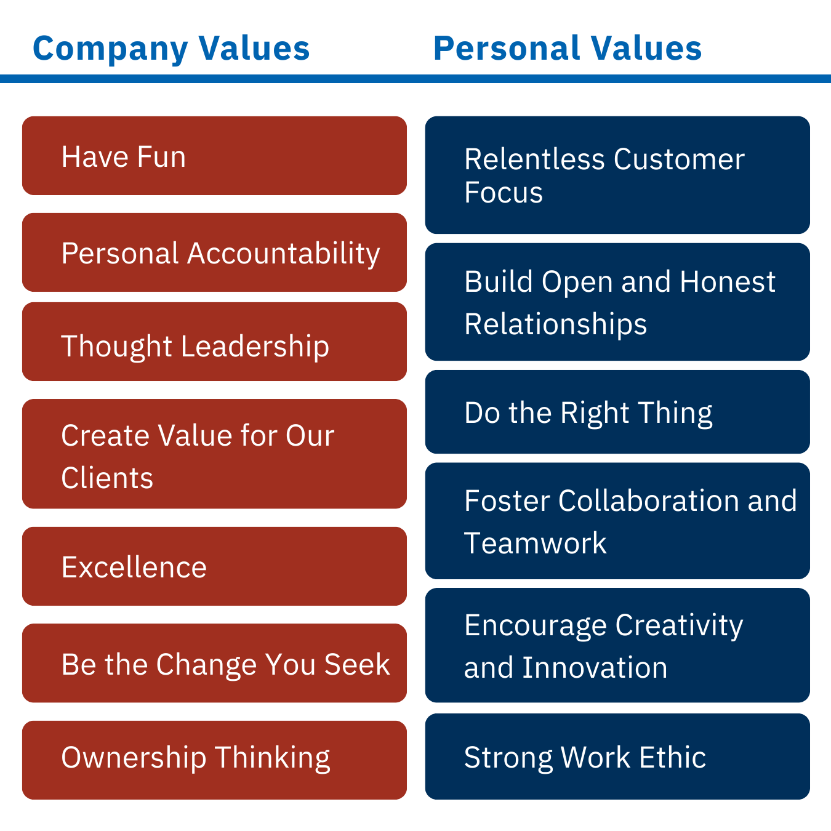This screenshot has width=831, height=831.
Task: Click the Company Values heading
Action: click(x=171, y=49)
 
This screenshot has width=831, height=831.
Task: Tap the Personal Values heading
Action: click(x=568, y=48)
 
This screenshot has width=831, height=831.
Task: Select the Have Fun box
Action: click(x=214, y=156)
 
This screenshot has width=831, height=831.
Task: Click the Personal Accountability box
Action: click(x=214, y=252)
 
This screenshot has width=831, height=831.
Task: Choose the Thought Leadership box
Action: click(x=214, y=342)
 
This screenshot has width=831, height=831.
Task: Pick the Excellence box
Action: click(x=214, y=566)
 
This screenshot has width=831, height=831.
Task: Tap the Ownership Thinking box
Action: click(x=214, y=760)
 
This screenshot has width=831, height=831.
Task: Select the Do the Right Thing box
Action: click(x=617, y=412)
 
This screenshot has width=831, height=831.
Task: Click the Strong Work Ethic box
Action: click(x=617, y=757)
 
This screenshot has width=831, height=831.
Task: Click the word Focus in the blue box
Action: click(x=504, y=192)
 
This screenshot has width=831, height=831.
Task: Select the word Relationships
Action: click(x=555, y=324)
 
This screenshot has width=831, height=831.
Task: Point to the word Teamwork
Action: click(x=535, y=542)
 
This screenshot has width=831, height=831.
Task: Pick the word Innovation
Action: click(x=595, y=667)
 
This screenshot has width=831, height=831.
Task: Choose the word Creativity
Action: click(x=679, y=626)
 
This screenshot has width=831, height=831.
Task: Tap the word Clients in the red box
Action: click(x=107, y=478)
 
